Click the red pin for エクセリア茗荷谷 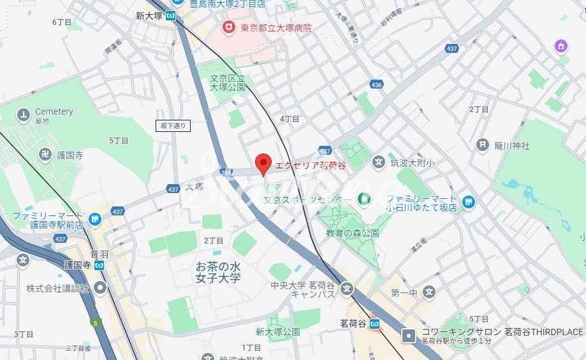pyautogui.click(x=263, y=164)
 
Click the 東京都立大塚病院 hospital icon pyautogui.click(x=227, y=27)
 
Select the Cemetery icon pyautogui.click(x=24, y=115)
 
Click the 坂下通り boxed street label pyautogui.click(x=173, y=126)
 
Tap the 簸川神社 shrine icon pyautogui.click(x=483, y=145)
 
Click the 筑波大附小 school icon pyautogui.click(x=378, y=162)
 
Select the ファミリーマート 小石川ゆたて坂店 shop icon pyautogui.click(x=469, y=202)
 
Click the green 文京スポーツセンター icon pyautogui.click(x=363, y=200)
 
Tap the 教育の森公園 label pyautogui.click(x=353, y=233)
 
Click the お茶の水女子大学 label pyautogui.click(x=218, y=272)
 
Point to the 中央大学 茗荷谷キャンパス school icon pyautogui.click(x=346, y=288)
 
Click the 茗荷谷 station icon pyautogui.click(x=376, y=324)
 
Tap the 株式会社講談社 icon pyautogui.click(x=100, y=289)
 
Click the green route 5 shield pyautogui.click(x=95, y=324)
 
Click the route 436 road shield pyautogui.click(x=376, y=84)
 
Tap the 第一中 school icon pyautogui.click(x=430, y=292)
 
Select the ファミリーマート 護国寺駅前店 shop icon pyautogui.click(x=95, y=220)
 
